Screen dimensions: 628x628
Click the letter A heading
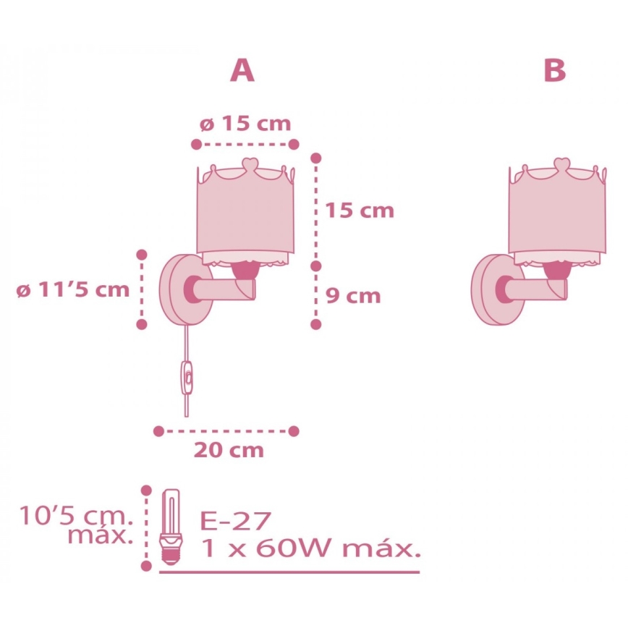coord(242,70)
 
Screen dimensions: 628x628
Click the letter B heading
coord(553,70)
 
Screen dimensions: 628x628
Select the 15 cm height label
coord(360,211)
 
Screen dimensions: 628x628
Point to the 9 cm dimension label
coord(352,296)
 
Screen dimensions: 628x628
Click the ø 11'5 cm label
coord(73,291)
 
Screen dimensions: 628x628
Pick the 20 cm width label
coord(228,450)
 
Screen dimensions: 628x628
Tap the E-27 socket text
coord(235,521)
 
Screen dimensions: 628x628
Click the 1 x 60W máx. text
coord(309,548)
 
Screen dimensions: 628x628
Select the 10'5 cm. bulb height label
coord(76,527)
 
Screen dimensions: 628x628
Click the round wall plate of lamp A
coord(181,289)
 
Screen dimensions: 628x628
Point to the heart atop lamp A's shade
coord(248,166)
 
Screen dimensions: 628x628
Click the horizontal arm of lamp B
coord(538,289)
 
